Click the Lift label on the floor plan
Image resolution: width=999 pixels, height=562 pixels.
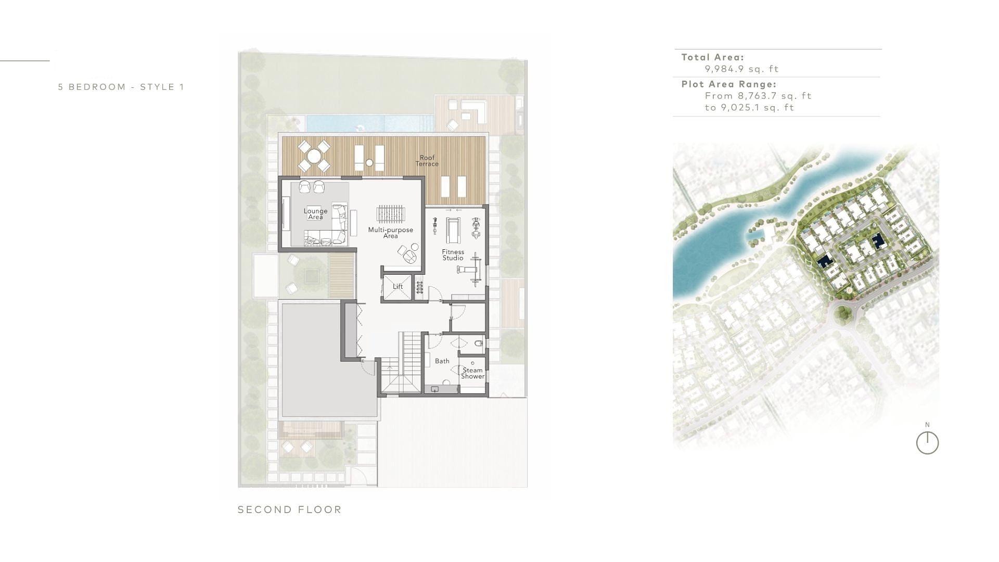click(398, 287)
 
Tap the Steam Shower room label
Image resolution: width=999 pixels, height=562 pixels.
click(472, 373)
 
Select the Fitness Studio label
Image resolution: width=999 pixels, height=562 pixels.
click(453, 255)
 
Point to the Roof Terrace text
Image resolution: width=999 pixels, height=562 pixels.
click(427, 161)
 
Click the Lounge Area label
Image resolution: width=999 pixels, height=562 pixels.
click(316, 214)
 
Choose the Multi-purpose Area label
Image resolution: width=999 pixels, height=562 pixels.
click(390, 233)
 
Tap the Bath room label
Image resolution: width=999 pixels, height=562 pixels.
click(442, 361)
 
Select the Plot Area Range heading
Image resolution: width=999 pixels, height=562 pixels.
click(729, 84)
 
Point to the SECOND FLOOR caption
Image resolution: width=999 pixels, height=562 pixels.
click(290, 510)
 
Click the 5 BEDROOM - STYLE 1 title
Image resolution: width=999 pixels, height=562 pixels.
click(121, 87)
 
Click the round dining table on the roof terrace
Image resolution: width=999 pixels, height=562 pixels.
click(314, 156)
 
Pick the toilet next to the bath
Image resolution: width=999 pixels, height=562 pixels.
click(479, 343)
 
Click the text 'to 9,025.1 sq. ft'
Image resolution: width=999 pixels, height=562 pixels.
click(749, 108)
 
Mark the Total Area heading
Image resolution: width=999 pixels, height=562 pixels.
click(713, 58)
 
